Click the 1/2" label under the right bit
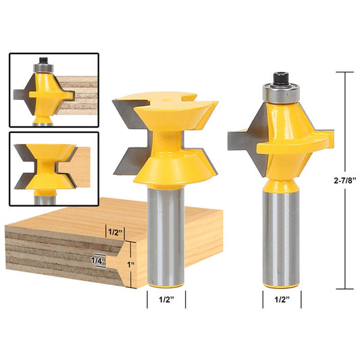coord(282,297)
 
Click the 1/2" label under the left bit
coord(165,297)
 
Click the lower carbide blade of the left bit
coord(130,161)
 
